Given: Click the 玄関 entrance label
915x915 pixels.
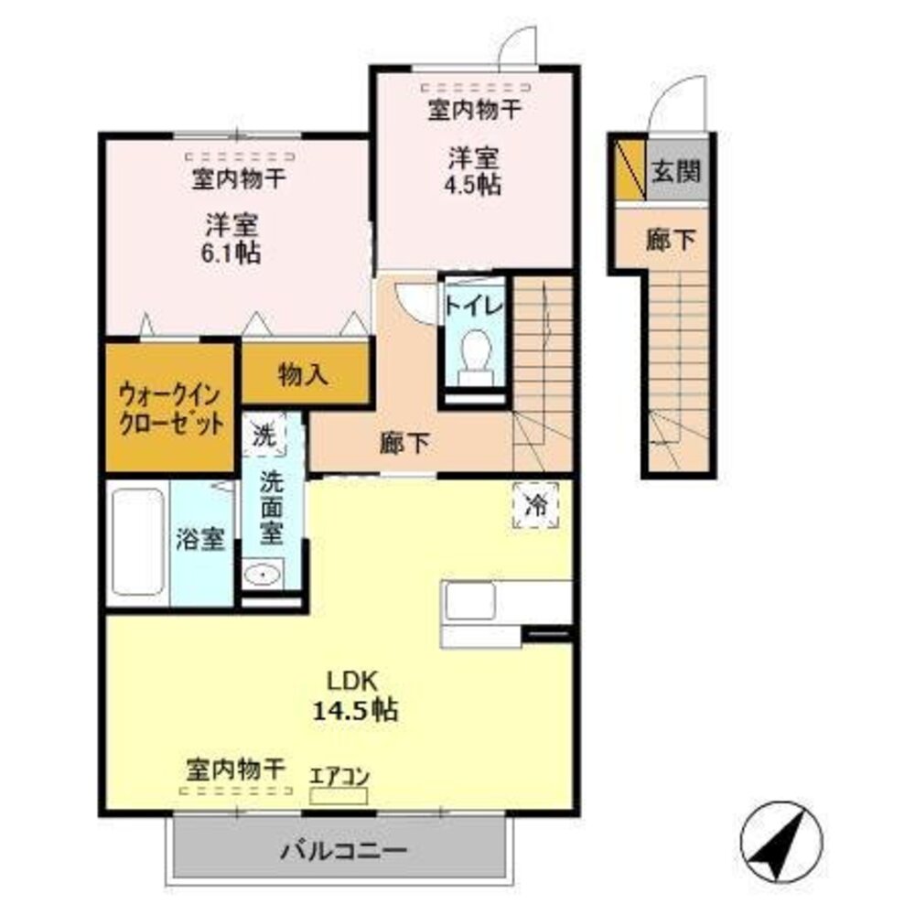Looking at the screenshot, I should [676, 170].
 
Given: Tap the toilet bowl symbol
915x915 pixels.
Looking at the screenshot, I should [473, 351].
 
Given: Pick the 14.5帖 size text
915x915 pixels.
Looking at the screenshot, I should [354, 710].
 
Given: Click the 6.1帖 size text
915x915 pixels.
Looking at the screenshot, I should [231, 253].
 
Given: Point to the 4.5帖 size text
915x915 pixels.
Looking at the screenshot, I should [474, 183].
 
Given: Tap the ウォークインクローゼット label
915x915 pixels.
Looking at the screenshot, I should [170, 410].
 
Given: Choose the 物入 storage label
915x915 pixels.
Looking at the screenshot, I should [304, 374].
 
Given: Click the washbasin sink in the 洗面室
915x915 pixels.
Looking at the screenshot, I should [264, 575].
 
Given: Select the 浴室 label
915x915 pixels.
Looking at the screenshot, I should [200, 540].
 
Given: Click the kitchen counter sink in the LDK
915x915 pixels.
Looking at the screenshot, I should [470, 602].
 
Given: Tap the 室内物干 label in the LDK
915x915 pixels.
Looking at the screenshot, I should [236, 767].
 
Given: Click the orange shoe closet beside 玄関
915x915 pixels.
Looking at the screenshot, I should [629, 169].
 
